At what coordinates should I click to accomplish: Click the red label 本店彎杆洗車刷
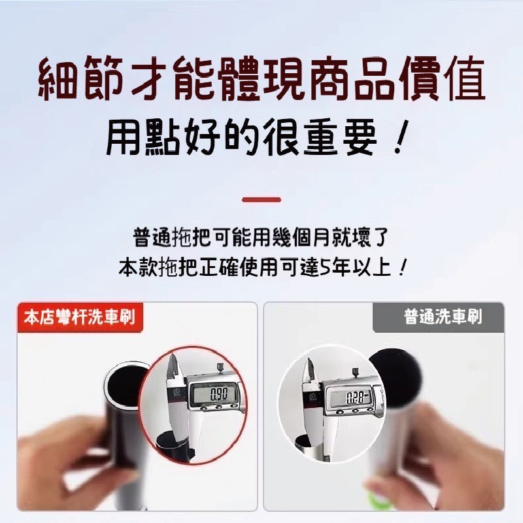tap(79, 318)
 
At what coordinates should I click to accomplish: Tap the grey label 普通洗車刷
tap(443, 318)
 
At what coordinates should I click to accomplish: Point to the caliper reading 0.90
tap(218, 394)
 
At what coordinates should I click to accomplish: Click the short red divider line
tap(261, 199)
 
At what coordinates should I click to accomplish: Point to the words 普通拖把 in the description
tap(169, 237)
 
